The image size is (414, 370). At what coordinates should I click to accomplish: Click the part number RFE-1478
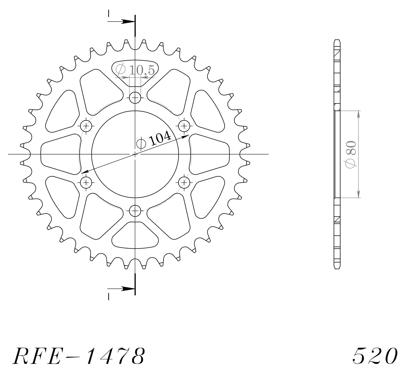pyautogui.click(x=79, y=356)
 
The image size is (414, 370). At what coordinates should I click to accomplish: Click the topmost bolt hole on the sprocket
pyautogui.click(x=135, y=97)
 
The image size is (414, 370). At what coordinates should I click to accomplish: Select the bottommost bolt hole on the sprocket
pyautogui.click(x=135, y=211)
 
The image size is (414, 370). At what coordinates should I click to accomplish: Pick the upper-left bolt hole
pyautogui.click(x=86, y=126)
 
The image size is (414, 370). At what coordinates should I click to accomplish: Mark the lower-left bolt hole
pyautogui.click(x=86, y=182)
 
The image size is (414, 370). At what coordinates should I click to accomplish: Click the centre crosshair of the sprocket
pyautogui.click(x=135, y=154)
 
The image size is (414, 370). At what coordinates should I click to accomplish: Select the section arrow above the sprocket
pyautogui.click(x=122, y=21)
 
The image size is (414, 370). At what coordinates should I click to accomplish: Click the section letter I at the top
pyautogui.click(x=109, y=13)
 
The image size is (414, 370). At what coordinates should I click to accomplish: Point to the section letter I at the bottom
pyautogui.click(x=109, y=297)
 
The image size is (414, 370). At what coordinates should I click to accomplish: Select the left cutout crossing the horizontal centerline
pyautogui.click(x=59, y=154)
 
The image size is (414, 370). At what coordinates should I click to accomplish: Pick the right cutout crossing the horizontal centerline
pyautogui.click(x=210, y=154)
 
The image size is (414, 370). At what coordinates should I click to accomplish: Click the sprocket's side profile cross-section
pyautogui.click(x=337, y=154)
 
